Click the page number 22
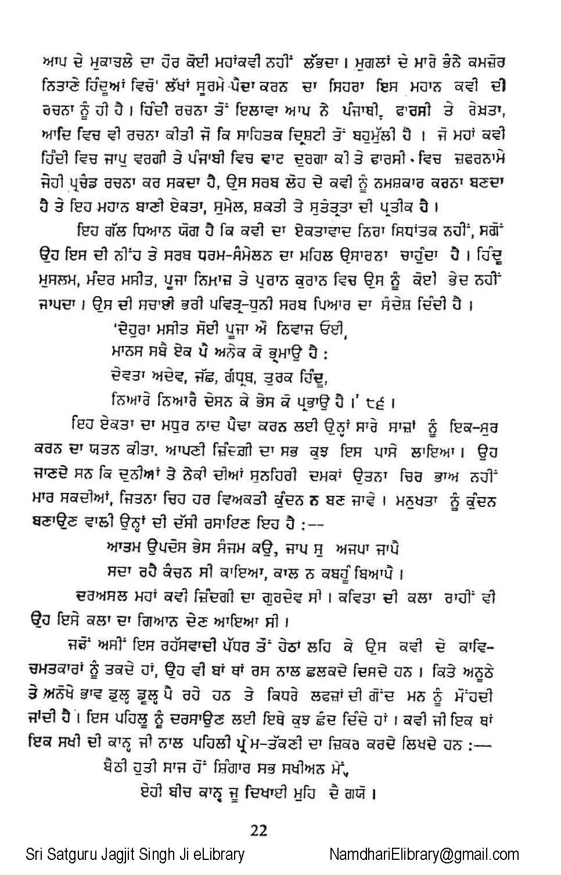[x=259, y=830]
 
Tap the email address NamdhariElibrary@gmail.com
[x=424, y=854]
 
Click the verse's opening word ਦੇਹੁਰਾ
[x=132, y=329]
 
